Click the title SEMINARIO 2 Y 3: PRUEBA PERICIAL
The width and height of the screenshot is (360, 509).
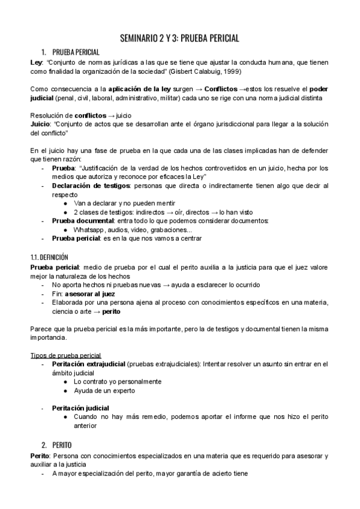(x=180, y=38)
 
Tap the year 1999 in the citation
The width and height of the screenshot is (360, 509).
(x=232, y=72)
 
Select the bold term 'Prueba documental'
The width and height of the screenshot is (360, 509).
(x=79, y=221)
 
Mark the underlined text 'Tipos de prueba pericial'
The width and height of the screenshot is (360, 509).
(x=65, y=355)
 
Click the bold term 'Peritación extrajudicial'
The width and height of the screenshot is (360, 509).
(x=88, y=364)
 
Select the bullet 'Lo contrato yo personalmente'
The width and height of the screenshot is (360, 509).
(x=117, y=381)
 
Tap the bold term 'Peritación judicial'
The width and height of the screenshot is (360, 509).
(x=80, y=408)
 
